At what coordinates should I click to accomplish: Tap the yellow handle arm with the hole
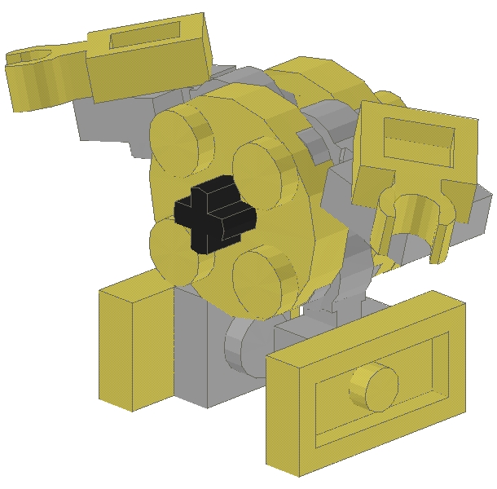point(45,77)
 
